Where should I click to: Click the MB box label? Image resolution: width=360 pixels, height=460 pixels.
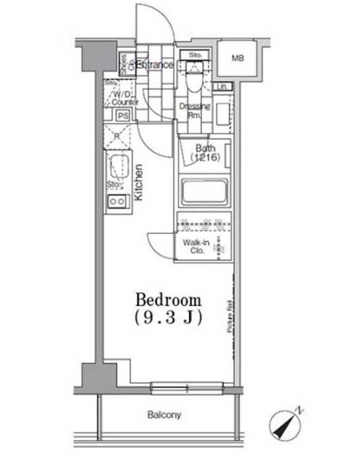238,58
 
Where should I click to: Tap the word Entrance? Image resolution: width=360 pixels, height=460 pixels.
155,65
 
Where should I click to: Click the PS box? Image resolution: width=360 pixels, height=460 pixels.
123,115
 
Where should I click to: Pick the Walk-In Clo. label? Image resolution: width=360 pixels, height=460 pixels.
193,246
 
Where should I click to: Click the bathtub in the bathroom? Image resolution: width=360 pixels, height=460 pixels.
203,193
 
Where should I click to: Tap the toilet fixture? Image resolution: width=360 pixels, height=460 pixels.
194,81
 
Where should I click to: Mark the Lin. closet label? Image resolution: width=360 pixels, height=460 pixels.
224,88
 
